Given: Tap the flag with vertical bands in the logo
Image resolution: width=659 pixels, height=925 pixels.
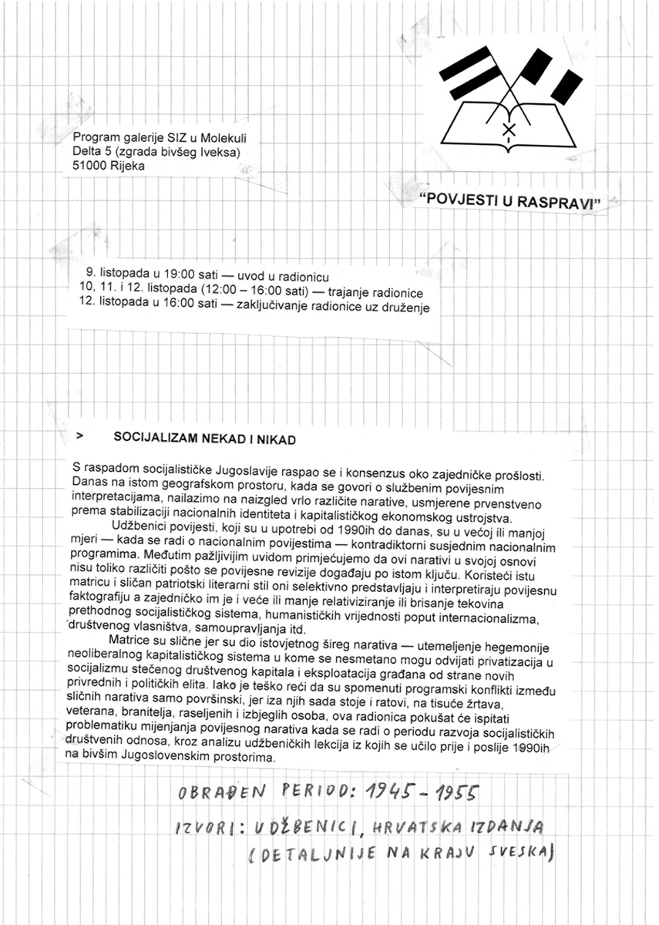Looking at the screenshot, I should [x=553, y=76].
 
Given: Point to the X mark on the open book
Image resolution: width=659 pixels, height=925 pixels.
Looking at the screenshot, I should [x=508, y=130].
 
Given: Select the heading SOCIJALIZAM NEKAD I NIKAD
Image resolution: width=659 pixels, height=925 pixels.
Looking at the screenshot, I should [x=204, y=438].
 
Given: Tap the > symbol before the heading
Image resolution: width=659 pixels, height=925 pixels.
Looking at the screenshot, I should [x=79, y=436].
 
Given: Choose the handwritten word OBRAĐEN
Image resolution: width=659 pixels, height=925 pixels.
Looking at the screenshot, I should [x=217, y=792].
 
